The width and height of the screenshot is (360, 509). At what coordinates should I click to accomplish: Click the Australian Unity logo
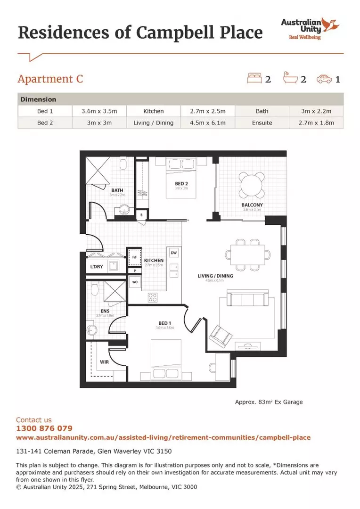311,28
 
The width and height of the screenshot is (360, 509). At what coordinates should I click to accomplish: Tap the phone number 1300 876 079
44,428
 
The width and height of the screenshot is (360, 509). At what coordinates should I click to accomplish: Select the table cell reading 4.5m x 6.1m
208,123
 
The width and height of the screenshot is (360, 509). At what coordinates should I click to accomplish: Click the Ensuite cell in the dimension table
262,123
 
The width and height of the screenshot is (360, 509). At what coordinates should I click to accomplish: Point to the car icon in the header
324,79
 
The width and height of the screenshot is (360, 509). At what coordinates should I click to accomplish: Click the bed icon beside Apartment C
254,78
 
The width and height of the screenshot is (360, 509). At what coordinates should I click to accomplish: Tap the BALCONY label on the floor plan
252,205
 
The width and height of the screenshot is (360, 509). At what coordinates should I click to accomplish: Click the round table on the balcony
252,185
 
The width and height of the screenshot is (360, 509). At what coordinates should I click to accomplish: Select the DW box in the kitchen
173,253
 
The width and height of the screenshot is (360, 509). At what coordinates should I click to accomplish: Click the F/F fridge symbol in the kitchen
134,258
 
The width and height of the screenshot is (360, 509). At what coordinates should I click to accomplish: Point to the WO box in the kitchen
134,282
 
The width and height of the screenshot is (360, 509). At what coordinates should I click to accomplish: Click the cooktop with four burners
153,297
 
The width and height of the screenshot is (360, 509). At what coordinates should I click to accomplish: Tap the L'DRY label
96,267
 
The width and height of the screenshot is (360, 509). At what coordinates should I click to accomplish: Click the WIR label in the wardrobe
104,362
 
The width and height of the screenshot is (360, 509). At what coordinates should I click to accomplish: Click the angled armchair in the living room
220,336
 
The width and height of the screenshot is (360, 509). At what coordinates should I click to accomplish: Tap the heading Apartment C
50,79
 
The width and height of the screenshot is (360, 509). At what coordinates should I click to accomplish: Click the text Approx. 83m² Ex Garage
269,402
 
